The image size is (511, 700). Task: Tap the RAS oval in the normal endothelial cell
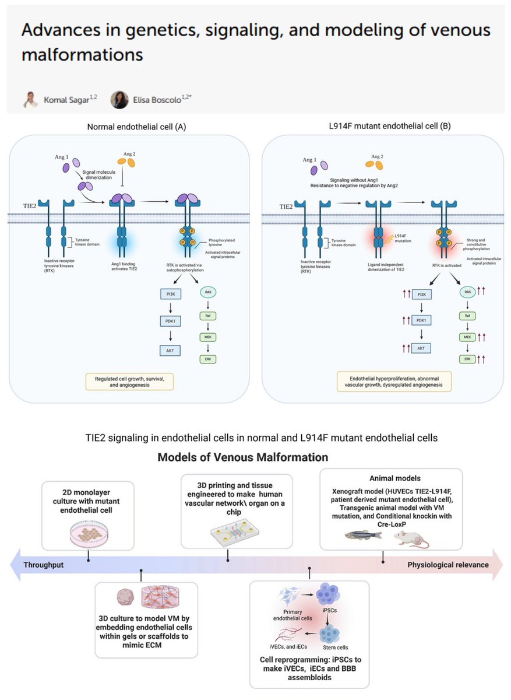click(209, 291)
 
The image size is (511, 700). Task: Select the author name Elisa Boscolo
click(161, 100)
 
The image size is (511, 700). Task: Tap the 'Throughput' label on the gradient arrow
click(44, 565)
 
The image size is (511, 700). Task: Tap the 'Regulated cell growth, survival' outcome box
click(131, 382)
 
